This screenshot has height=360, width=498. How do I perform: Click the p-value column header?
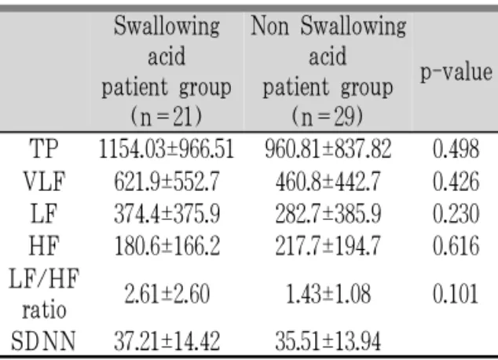tap(456, 73)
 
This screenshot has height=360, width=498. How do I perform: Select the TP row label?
tap(44, 149)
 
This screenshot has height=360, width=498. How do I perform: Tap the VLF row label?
tap(44, 181)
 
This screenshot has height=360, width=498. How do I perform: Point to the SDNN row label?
tap(43, 341)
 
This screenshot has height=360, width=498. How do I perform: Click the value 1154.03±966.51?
tap(167, 149)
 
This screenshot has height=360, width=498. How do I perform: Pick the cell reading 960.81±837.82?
tap(328, 149)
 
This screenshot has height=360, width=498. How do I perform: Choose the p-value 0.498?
tap(456, 149)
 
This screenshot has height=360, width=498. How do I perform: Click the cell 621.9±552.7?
tap(167, 182)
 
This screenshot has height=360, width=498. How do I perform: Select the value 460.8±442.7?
tap(328, 182)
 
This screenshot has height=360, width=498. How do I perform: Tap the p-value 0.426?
tap(456, 182)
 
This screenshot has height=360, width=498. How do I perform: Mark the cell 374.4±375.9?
tap(167, 214)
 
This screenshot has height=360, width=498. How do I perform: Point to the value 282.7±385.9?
tap(328, 214)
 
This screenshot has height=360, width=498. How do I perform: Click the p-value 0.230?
tap(456, 214)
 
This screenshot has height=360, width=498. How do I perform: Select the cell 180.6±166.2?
tap(167, 246)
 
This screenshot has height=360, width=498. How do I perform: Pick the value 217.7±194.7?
tap(328, 246)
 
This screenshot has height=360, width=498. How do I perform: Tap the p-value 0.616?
tap(456, 246)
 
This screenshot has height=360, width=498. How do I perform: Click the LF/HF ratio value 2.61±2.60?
tap(167, 294)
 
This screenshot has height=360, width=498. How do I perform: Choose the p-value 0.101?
tap(456, 294)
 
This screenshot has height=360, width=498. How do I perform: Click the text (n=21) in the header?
tap(166, 116)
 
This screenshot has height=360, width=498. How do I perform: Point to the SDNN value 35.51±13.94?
tap(328, 341)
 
